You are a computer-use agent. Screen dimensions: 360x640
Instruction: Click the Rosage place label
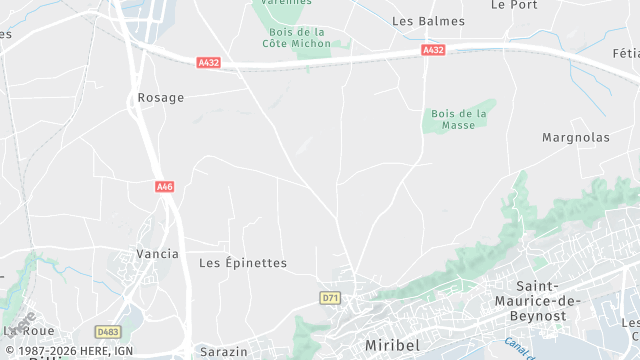click(x=159, y=97)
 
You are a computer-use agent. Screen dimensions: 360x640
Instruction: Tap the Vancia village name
click(x=157, y=254)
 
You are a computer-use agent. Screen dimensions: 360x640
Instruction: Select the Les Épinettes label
click(x=243, y=263)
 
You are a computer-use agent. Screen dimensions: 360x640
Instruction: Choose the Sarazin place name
click(x=222, y=353)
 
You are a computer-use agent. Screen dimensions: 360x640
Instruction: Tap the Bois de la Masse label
click(x=459, y=119)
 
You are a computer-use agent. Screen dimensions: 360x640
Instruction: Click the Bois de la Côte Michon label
click(x=296, y=37)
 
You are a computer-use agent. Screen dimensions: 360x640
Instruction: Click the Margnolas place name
click(x=574, y=136)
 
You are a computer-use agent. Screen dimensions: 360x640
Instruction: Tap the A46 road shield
click(x=165, y=186)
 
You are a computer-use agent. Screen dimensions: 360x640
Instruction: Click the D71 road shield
click(x=330, y=298)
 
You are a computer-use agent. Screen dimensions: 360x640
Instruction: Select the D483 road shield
click(x=107, y=331)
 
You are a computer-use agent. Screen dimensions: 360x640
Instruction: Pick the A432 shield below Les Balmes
click(x=433, y=49)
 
